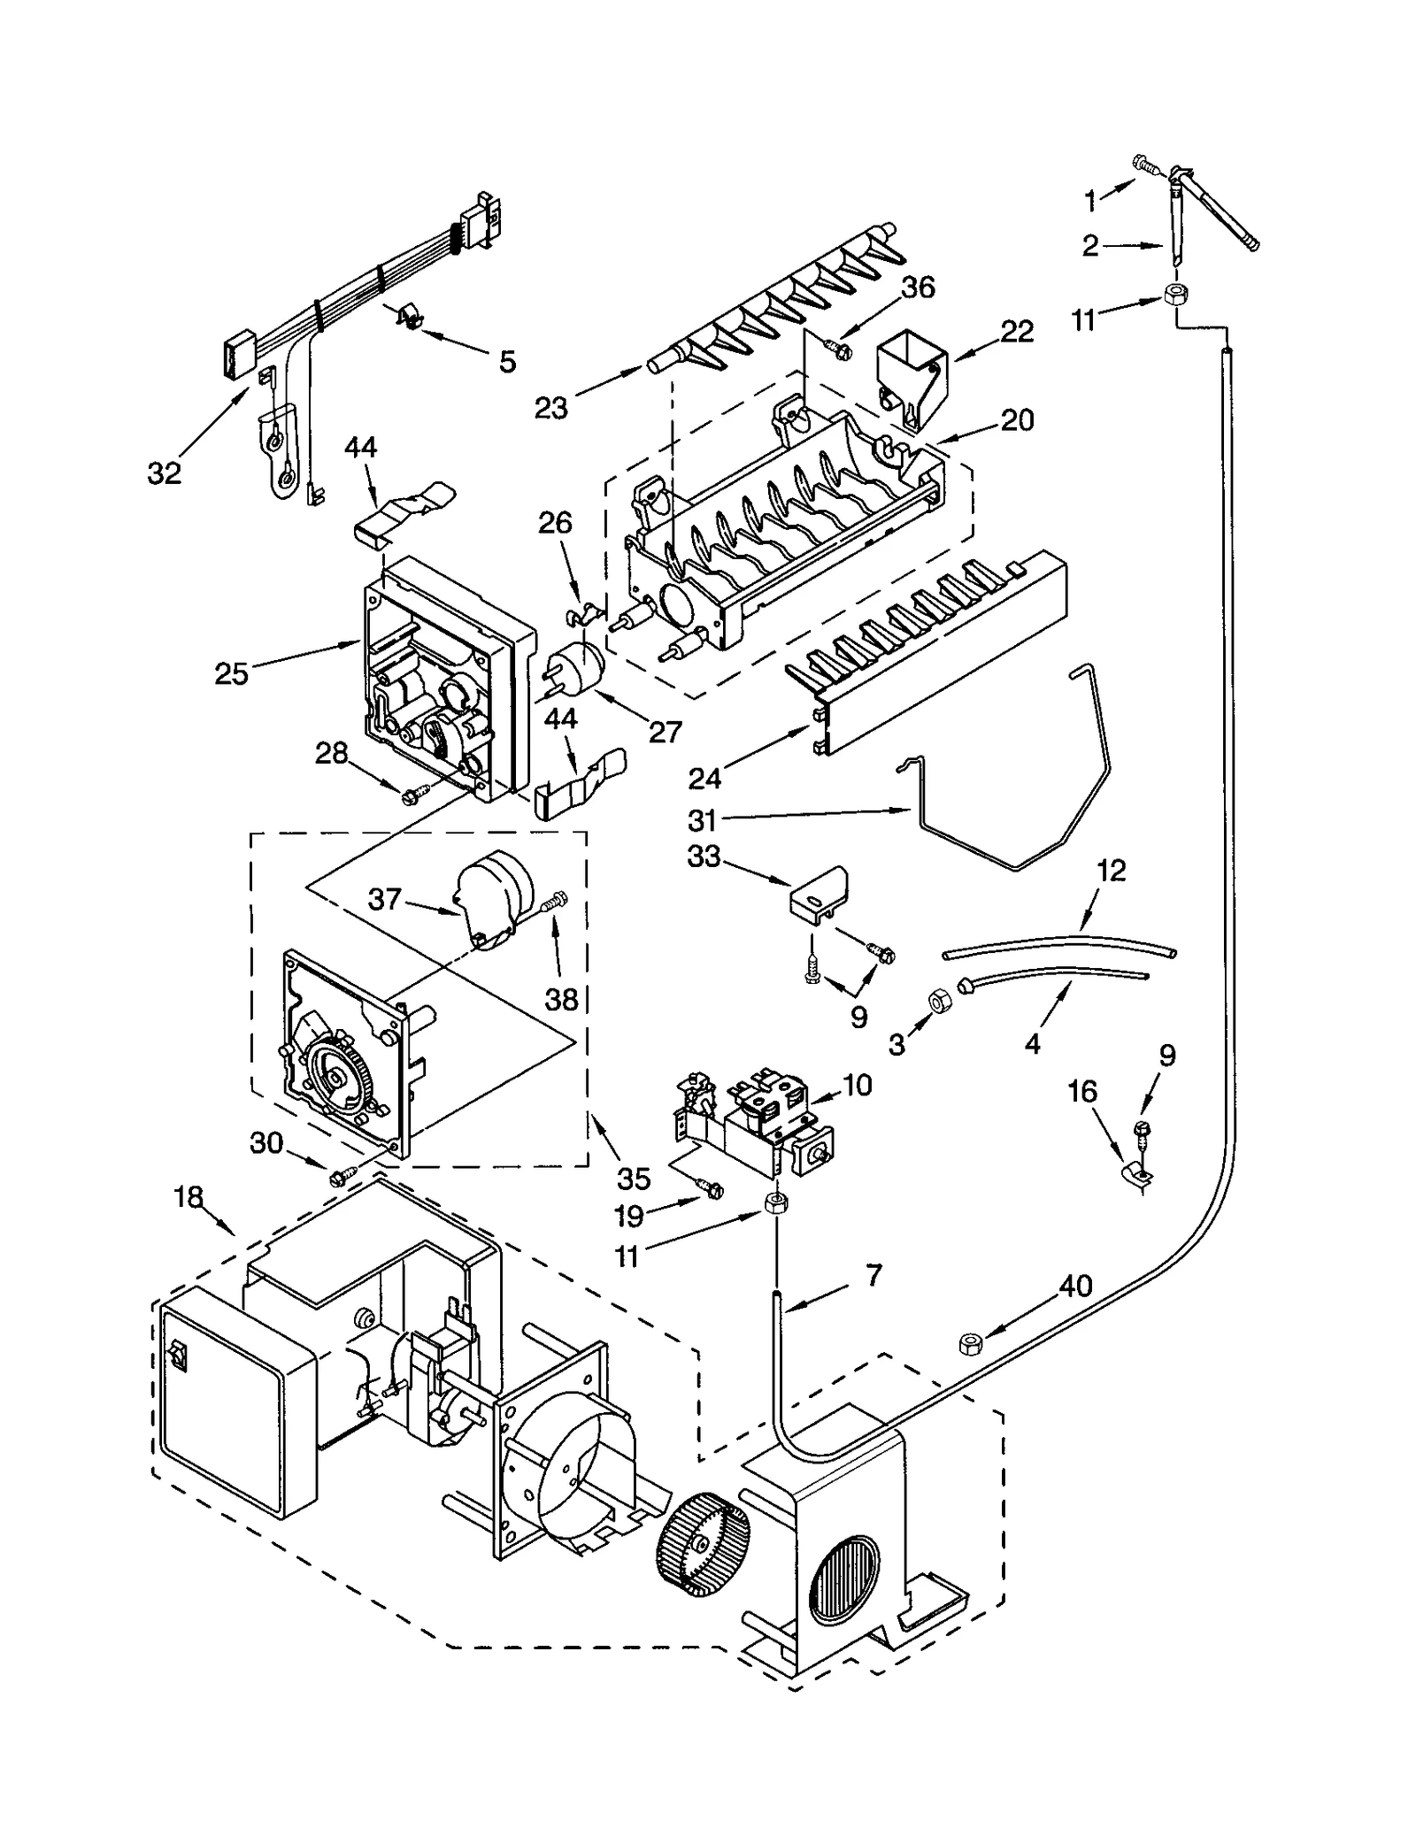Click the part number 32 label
(165, 473)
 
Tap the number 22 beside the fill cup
(1017, 332)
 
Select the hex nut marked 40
(973, 1345)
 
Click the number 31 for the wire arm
(703, 820)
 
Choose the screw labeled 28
(414, 793)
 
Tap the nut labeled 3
(938, 1001)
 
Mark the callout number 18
(189, 1196)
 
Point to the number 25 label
(232, 673)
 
